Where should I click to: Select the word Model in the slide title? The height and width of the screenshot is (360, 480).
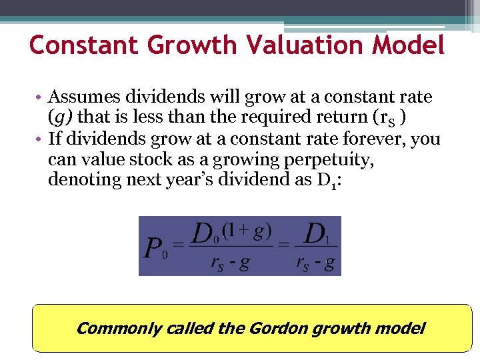tap(409, 45)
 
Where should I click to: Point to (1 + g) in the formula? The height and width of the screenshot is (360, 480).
tap(247, 231)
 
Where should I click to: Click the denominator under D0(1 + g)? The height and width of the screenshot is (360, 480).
tap(230, 263)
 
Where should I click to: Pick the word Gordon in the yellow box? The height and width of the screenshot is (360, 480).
tap(276, 328)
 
